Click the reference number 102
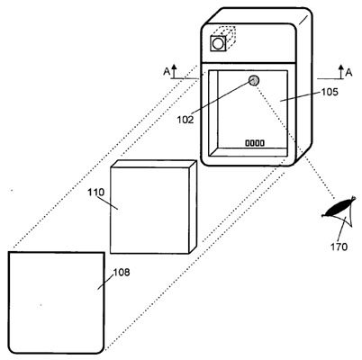(186, 120)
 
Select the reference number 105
(330, 92)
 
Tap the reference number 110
(96, 192)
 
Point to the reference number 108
(122, 273)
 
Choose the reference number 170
(339, 247)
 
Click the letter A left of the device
(167, 72)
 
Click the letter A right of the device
(348, 72)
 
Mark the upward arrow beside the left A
(175, 71)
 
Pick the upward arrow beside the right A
(340, 72)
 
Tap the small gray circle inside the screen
(254, 80)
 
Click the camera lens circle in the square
(218, 43)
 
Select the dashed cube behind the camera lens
(226, 34)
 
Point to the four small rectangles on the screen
(255, 143)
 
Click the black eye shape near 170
(339, 207)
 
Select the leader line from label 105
(300, 97)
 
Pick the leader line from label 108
(105, 282)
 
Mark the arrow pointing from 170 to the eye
(343, 229)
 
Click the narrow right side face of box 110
(193, 207)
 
